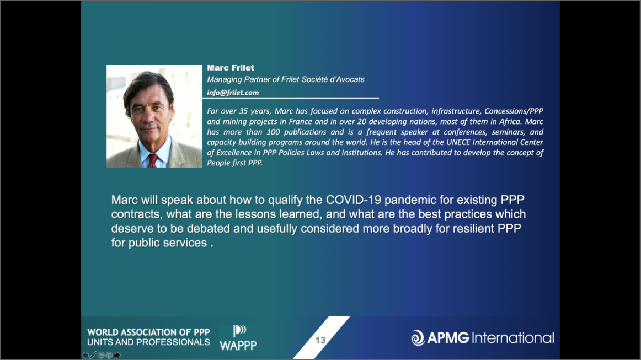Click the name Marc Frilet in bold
pos(231,68)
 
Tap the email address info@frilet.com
pos(233,93)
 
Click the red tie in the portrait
pos(152,160)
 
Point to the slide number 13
pos(320,340)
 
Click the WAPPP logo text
pos(238,346)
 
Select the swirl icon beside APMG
pos(418,338)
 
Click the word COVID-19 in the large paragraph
pos(353,200)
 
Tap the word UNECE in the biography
pos(458,142)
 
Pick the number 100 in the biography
pos(273,132)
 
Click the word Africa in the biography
pos(509,121)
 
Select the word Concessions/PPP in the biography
pos(514,111)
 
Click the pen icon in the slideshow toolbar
pos(93,355)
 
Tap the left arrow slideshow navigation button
pos(85,355)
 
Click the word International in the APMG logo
pos(512,338)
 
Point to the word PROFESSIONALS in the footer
pos(179,342)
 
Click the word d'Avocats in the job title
pos(347,80)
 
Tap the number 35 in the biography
pos(243,111)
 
